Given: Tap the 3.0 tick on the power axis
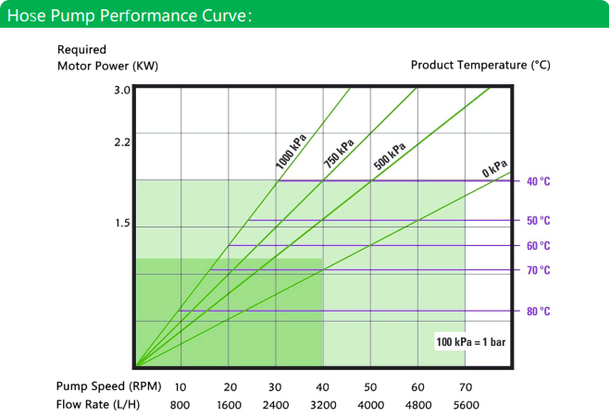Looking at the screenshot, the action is [122, 91].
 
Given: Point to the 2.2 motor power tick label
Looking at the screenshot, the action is [122, 142].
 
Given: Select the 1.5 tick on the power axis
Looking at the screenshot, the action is [122, 223].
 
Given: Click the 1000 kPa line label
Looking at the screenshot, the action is [291, 152].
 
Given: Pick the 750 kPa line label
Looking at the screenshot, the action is [339, 153].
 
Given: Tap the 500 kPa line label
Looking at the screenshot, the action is [390, 156].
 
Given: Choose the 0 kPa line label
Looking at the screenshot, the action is [494, 168].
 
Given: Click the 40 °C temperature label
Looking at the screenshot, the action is [539, 181].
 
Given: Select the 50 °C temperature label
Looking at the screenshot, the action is [539, 221].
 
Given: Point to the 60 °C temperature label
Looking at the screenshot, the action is [539, 246].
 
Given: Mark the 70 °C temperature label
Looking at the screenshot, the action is [539, 270].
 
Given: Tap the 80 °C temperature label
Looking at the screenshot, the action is [539, 312].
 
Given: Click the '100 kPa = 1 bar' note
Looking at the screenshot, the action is [471, 342].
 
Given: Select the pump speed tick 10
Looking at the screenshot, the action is [181, 387].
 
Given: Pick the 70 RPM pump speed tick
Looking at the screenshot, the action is [466, 387].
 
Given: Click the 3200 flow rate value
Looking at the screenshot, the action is [323, 405].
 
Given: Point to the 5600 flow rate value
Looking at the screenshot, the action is [466, 405].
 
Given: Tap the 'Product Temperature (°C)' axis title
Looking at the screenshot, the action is [480, 65].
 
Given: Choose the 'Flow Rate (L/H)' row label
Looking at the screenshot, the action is [98, 405].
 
